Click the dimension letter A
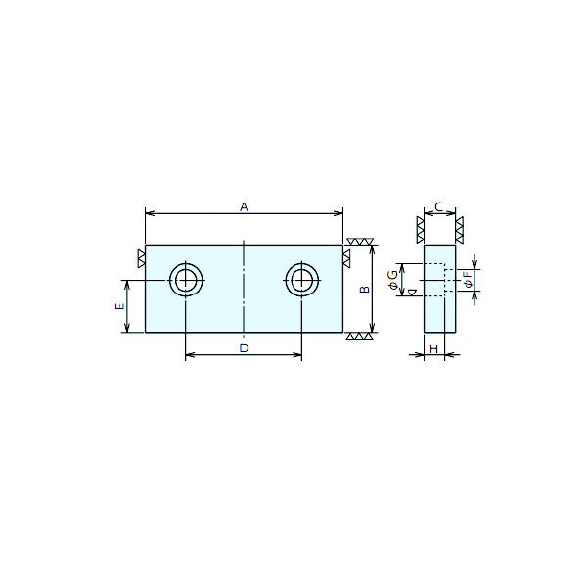tap(244, 206)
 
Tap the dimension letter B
tap(365, 289)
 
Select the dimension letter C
tap(438, 206)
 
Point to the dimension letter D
tap(244, 348)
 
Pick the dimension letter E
tap(119, 306)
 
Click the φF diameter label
tap(468, 280)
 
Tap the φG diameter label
tap(392, 280)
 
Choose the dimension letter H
tap(433, 349)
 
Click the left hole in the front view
tap(186, 263)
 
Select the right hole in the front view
tap(302, 263)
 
